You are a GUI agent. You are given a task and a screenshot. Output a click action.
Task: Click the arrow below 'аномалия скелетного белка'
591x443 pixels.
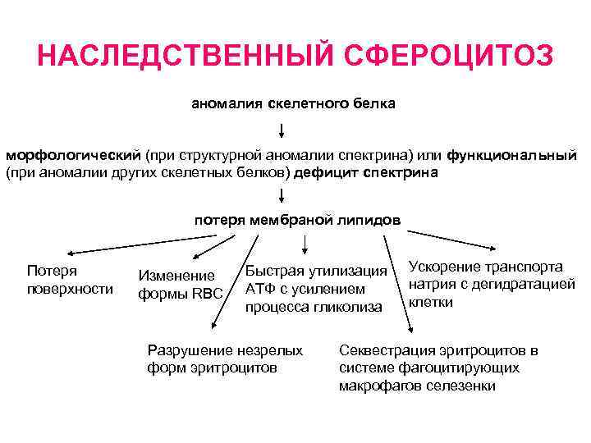click(x=282, y=131)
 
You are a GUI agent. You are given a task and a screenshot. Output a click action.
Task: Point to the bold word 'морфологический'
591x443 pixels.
click(x=73, y=155)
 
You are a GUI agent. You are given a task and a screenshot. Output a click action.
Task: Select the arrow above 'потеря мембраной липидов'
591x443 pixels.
click(x=282, y=196)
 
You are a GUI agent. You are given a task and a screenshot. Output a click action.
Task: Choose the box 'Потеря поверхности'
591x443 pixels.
click(x=70, y=279)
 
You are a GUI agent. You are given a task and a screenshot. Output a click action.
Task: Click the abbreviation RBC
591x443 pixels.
click(x=208, y=294)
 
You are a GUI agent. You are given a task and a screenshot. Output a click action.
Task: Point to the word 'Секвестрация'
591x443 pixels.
click(x=380, y=350)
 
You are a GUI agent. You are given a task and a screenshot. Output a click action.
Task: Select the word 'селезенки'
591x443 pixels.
click(x=466, y=386)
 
